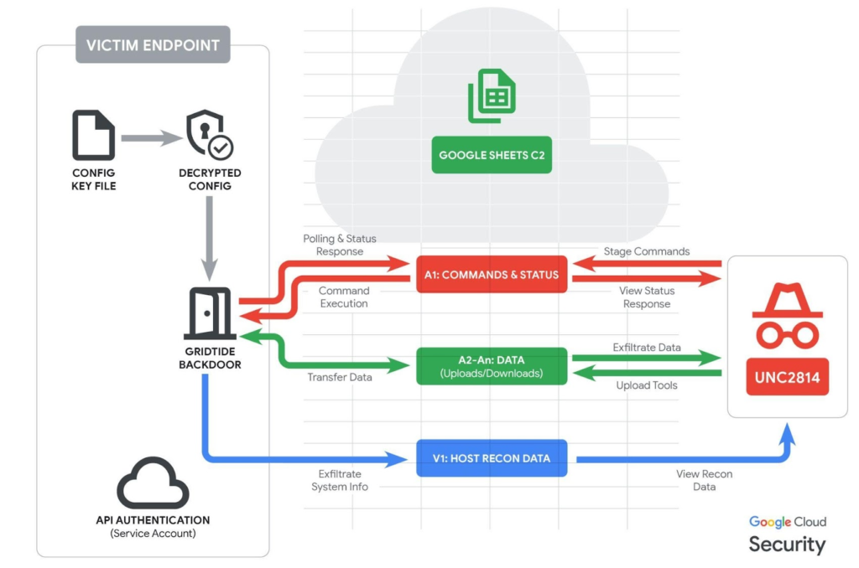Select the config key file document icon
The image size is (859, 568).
(93, 137)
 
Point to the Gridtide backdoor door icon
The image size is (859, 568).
(209, 314)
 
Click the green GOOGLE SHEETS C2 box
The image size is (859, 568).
(492, 155)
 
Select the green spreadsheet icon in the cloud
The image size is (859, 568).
(492, 96)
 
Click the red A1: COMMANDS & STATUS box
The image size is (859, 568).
(492, 275)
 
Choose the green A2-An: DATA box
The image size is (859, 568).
(492, 366)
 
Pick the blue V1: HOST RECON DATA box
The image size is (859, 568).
(492, 458)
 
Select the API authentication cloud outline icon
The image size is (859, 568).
(153, 483)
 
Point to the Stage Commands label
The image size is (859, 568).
(647, 251)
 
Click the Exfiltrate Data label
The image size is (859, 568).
(648, 347)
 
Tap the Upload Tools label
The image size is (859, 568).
(648, 385)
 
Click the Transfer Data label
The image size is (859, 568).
(340, 377)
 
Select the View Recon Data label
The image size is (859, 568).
(704, 480)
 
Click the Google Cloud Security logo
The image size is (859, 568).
(787, 535)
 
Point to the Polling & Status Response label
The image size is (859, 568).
(333, 245)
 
